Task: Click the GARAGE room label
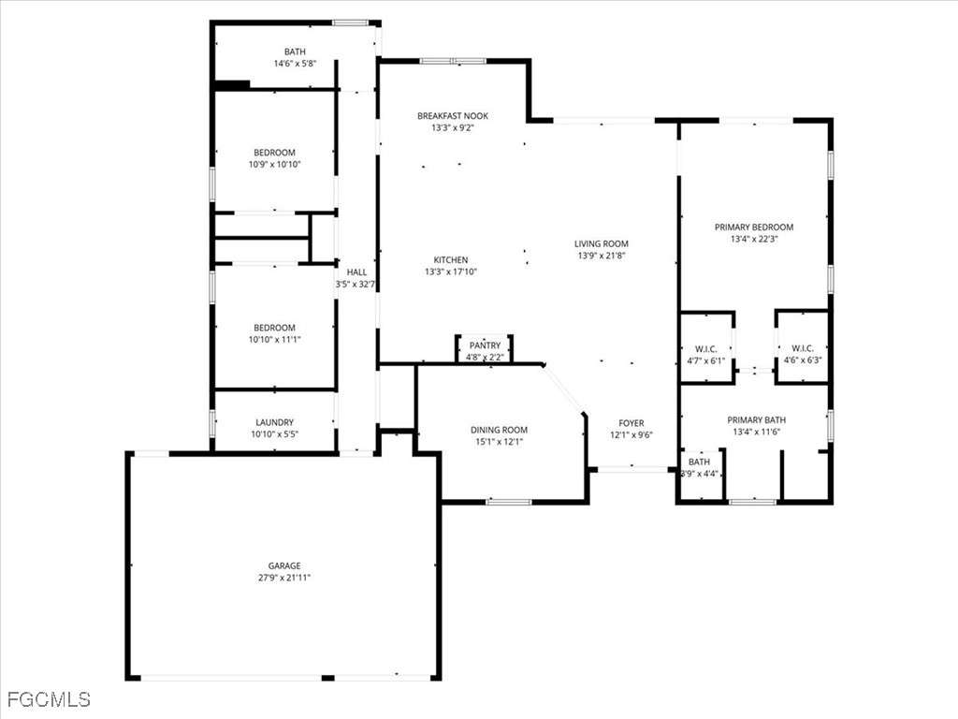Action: click(284, 565)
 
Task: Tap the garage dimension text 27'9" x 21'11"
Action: click(284, 577)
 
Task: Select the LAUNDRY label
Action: click(274, 422)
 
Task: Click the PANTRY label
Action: click(485, 345)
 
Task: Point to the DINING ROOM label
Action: click(499, 430)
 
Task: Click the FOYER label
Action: click(631, 423)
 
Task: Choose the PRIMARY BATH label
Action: click(756, 420)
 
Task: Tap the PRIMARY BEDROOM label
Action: click(754, 227)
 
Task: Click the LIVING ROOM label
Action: click(602, 243)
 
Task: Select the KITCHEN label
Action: click(451, 260)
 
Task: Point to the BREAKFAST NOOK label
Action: click(453, 115)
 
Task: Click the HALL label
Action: click(356, 272)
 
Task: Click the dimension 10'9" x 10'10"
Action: click(274, 164)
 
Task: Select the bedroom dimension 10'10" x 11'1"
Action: click(274, 339)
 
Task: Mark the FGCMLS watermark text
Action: click(49, 698)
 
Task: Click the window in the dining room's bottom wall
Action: click(509, 502)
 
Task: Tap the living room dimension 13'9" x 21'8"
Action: click(602, 256)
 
